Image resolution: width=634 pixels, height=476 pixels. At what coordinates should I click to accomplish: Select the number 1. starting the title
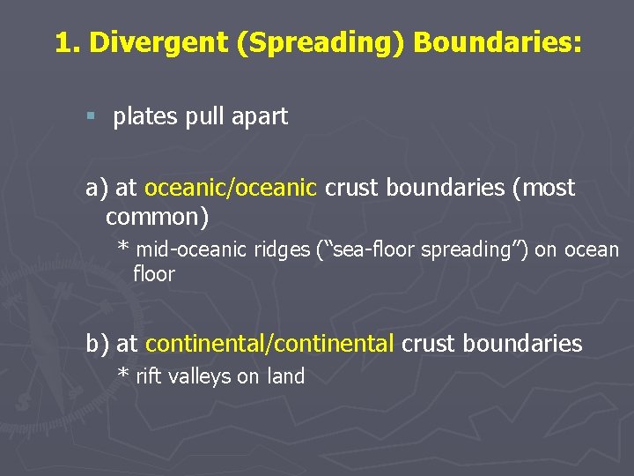[x=68, y=42]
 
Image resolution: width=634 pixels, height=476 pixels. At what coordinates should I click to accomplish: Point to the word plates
[x=146, y=117]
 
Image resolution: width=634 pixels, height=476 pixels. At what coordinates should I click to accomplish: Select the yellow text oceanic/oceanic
[x=230, y=188]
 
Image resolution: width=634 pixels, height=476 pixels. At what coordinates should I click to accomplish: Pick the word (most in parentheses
[x=543, y=188]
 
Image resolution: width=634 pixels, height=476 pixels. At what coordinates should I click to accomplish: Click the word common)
[x=157, y=214]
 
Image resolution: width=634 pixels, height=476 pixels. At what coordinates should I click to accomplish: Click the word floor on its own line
[x=154, y=274]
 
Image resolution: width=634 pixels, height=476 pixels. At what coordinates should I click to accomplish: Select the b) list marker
[x=98, y=344]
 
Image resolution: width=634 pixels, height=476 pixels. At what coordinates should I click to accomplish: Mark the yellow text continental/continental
[x=269, y=344]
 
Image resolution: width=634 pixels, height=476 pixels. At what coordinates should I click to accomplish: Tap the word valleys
[x=200, y=377]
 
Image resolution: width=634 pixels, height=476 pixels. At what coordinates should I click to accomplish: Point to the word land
[x=285, y=376]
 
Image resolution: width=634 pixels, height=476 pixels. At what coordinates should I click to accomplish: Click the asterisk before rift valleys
[x=124, y=374]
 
